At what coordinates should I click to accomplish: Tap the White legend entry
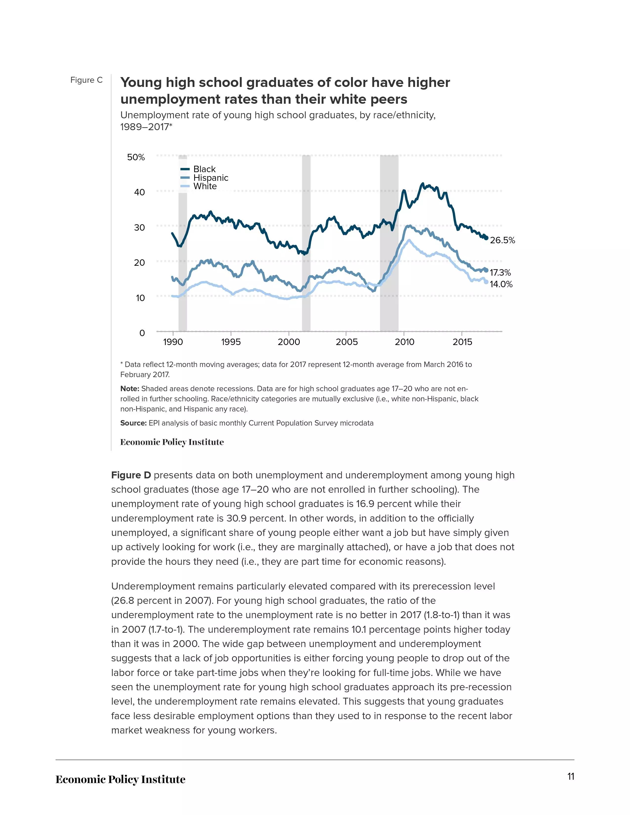pyautogui.click(x=199, y=186)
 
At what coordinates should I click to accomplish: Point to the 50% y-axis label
pyautogui.click(x=136, y=157)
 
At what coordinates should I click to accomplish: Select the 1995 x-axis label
pyautogui.click(x=231, y=342)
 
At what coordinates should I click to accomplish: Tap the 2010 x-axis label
pyautogui.click(x=405, y=342)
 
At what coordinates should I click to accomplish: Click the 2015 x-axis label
pyautogui.click(x=462, y=342)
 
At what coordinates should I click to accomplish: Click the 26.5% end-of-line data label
pyautogui.click(x=502, y=240)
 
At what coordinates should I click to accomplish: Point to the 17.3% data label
pyautogui.click(x=500, y=273)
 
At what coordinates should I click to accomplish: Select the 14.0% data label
pyautogui.click(x=501, y=284)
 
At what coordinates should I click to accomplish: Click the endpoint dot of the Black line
pyautogui.click(x=486, y=238)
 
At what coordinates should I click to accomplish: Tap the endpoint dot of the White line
pyautogui.click(x=486, y=282)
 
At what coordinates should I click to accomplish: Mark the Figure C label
pyautogui.click(x=86, y=80)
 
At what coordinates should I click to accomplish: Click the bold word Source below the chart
pyautogui.click(x=133, y=423)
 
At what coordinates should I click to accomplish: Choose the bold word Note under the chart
pyautogui.click(x=129, y=389)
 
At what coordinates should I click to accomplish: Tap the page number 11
pyautogui.click(x=571, y=776)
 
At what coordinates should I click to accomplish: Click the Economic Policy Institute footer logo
pyautogui.click(x=121, y=779)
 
